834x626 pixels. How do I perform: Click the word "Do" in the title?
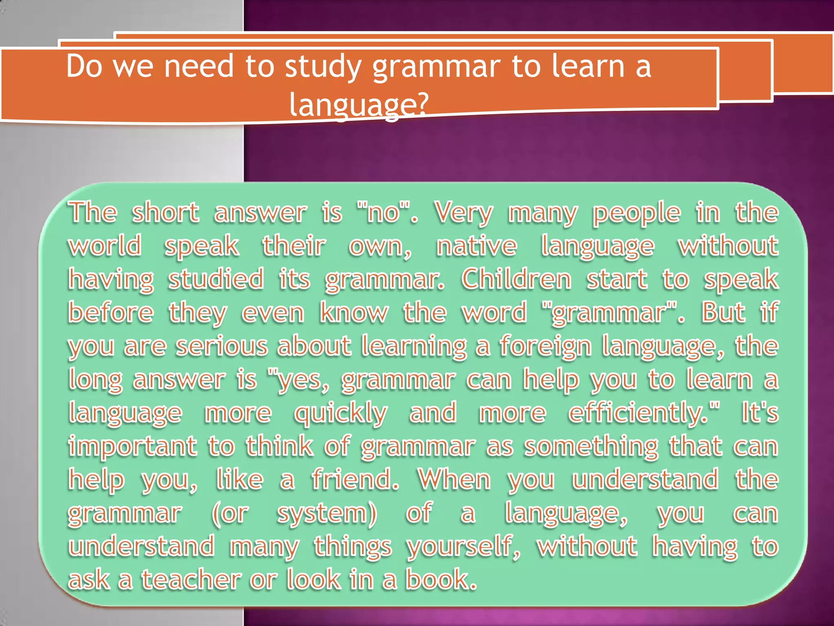point(84,66)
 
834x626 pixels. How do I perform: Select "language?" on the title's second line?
point(359,105)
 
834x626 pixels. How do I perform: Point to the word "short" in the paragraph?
point(166,212)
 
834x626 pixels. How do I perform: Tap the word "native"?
point(476,246)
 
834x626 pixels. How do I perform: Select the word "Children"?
point(517,279)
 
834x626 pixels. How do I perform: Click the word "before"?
point(111,313)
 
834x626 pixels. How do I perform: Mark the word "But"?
point(723,313)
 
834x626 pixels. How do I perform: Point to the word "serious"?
point(222,346)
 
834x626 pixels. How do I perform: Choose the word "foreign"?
point(546,347)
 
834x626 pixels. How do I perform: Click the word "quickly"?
point(340,414)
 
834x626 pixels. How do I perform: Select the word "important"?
point(133,446)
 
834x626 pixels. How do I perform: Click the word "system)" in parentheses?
point(327,514)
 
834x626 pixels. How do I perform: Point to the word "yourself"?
point(462,547)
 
